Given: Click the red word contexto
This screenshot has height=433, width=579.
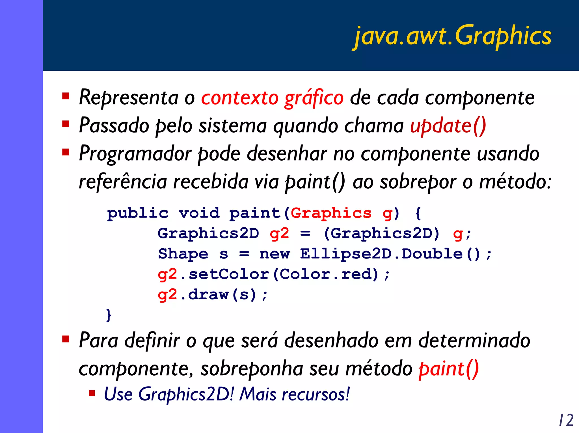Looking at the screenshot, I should point(240,98).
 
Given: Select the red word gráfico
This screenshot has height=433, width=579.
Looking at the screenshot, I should point(314,98).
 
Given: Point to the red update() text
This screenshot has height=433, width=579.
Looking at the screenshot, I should point(448,126).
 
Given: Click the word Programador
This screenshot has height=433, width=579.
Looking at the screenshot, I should point(135,154).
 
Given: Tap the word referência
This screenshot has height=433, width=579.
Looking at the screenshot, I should point(123,181).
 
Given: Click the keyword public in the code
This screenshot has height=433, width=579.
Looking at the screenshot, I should point(138,213).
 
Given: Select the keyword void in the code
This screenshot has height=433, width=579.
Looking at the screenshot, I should point(199,213).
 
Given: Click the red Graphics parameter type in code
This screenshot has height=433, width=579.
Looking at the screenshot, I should point(331,213).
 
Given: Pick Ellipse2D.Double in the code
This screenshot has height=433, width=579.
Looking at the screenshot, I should point(381,254).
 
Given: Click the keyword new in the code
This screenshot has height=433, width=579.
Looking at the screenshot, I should point(275,254).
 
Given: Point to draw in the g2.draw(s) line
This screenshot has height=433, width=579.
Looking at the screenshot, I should point(208,295).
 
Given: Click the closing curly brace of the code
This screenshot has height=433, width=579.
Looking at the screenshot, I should point(109,315).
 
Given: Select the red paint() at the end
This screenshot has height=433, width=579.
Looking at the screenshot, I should point(448,369).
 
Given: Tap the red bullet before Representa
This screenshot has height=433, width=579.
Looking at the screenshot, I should point(66,96).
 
